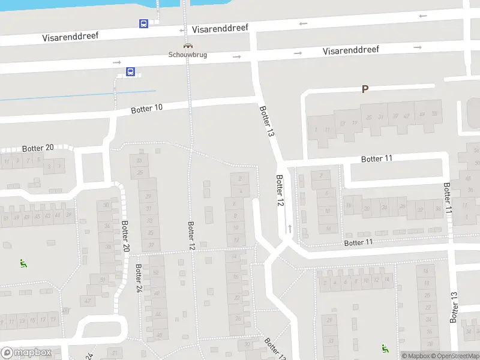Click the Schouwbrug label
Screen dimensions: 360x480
188,54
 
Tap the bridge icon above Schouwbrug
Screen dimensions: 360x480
188,45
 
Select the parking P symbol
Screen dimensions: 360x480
364,89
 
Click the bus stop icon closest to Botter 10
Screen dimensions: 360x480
130,71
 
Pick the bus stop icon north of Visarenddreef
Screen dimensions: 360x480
144,23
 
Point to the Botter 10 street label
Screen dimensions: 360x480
147,109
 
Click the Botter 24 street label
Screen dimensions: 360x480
139,278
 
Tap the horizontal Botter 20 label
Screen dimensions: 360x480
38,148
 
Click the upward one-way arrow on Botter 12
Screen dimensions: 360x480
290,228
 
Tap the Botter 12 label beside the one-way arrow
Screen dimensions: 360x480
279,191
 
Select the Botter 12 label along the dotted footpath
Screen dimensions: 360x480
191,236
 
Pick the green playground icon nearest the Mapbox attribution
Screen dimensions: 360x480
385,348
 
